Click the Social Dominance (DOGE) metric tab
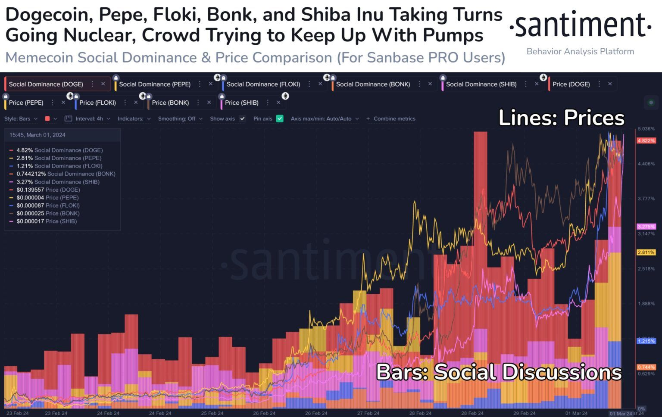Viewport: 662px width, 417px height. [46, 84]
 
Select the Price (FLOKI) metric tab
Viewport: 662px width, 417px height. [97, 103]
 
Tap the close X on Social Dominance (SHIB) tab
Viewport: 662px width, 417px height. [537, 84]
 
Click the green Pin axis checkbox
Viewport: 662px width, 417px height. [280, 118]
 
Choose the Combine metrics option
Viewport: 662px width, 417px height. [391, 118]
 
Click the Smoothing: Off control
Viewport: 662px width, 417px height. [180, 118]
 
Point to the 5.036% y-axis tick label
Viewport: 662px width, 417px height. [646, 129]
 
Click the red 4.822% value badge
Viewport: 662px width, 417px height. [646, 141]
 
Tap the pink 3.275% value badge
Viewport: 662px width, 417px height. [646, 227]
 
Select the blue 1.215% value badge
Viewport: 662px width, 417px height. [646, 341]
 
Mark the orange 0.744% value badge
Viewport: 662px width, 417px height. [646, 367]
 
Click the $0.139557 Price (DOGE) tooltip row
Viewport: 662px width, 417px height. [48, 190]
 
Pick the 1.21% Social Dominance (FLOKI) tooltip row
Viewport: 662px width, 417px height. [59, 166]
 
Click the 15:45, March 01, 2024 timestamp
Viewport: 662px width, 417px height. [37, 135]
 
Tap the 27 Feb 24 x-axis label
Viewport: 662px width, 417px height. [368, 413]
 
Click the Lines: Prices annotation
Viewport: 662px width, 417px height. [561, 118]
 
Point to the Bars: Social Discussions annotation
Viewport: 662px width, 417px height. [499, 372]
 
